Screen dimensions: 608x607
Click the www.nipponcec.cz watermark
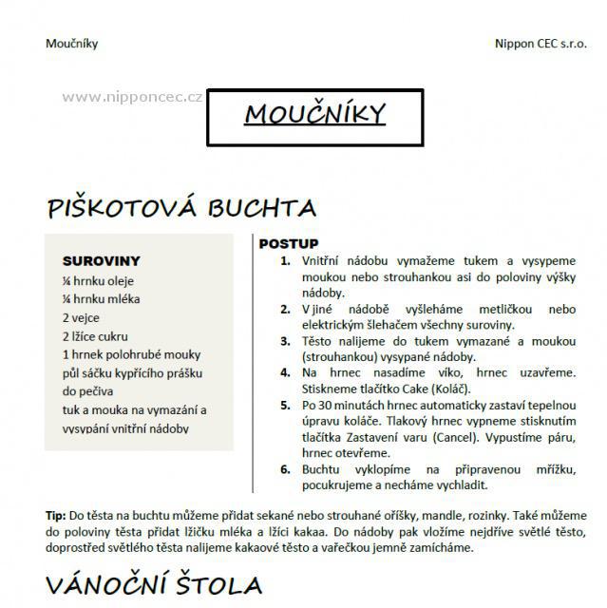click(x=132, y=96)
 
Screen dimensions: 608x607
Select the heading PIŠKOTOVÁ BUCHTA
click(x=180, y=208)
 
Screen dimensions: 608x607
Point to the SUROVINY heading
click(x=101, y=260)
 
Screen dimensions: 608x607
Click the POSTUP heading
click(x=289, y=244)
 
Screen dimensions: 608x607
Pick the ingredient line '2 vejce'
click(x=82, y=317)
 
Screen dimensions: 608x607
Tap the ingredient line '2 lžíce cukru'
click(x=95, y=335)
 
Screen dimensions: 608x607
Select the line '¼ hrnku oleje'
click(x=98, y=280)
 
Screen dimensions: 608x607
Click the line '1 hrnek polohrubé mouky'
click(x=130, y=354)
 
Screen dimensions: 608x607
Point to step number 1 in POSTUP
click(x=285, y=260)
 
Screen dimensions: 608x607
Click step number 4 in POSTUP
click(x=285, y=373)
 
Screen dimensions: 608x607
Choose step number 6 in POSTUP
click(x=285, y=469)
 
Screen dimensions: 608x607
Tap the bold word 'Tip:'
click(x=56, y=515)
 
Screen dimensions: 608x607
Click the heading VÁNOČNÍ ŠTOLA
click(x=153, y=580)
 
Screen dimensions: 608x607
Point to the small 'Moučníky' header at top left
click(x=71, y=43)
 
